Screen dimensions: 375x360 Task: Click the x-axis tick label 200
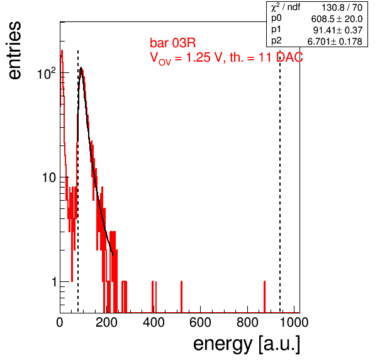(106, 322)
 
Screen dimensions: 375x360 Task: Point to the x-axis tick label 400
(154, 322)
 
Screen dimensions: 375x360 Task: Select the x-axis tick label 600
(200, 322)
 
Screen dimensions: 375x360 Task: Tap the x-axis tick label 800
(247, 322)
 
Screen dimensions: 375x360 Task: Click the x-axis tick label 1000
(294, 322)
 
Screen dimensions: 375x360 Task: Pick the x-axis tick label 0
(60, 322)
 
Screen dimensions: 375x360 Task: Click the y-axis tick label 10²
(47, 73)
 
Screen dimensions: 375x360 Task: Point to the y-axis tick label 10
(49, 177)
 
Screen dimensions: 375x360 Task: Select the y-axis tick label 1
(54, 282)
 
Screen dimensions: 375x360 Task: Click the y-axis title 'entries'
(15, 50)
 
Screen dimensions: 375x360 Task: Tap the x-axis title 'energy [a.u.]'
(247, 344)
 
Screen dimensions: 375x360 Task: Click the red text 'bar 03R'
(172, 43)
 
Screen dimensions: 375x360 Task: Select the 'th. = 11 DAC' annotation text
(266, 57)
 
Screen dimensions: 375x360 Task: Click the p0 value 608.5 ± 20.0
(337, 19)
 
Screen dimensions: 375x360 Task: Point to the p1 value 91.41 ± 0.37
(338, 30)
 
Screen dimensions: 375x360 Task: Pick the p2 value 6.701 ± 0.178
(335, 42)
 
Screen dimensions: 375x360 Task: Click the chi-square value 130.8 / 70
(342, 8)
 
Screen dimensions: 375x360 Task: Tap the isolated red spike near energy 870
(264, 297)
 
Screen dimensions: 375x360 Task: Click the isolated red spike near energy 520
(181, 297)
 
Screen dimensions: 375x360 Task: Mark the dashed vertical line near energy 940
(280, 181)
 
